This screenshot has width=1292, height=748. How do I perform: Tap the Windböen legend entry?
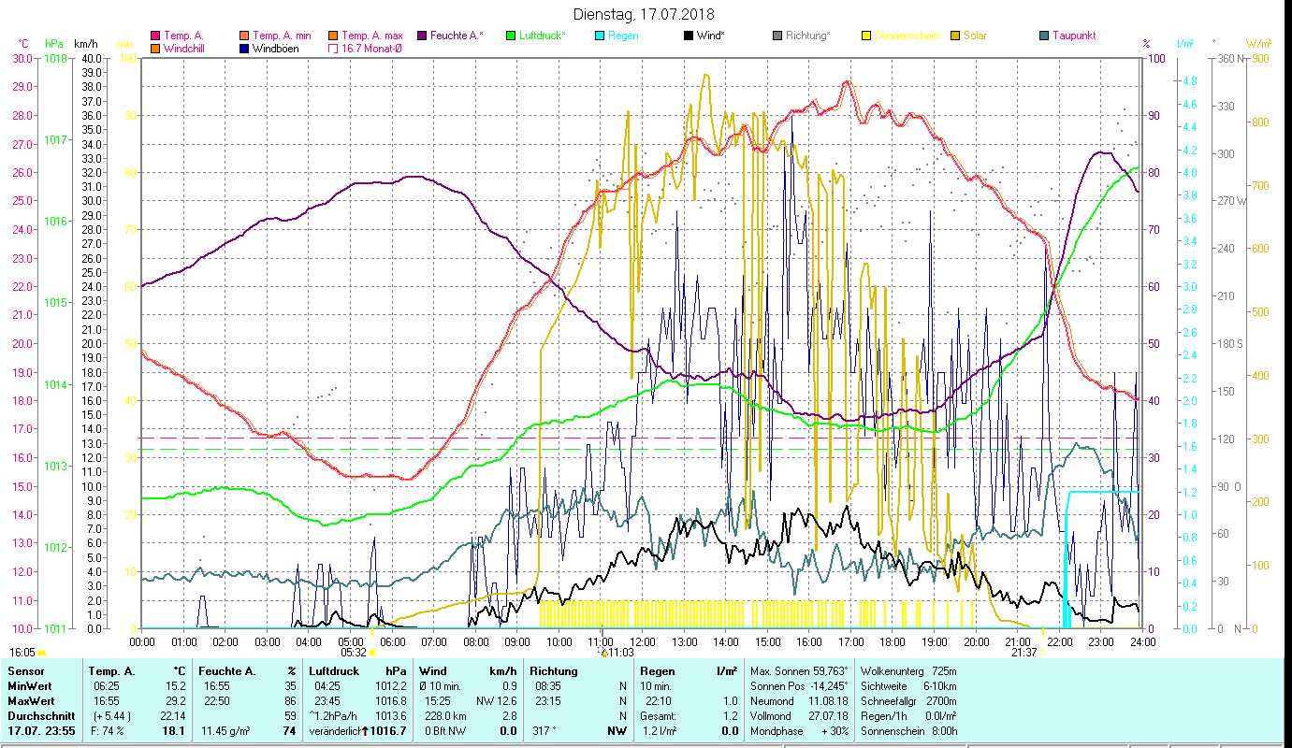click(275, 48)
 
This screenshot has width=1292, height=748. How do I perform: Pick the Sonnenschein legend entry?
click(906, 36)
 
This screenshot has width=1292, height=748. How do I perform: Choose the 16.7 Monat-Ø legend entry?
click(372, 48)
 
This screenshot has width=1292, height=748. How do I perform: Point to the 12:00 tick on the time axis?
click(643, 641)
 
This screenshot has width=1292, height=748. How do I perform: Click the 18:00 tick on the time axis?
click(893, 641)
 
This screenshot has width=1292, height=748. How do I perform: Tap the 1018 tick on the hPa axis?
click(56, 58)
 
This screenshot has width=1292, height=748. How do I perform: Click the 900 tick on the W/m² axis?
click(1259, 58)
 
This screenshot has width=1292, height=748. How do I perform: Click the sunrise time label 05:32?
click(353, 653)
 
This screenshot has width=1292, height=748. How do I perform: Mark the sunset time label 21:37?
click(1023, 653)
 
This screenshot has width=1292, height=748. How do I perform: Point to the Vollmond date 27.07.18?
click(827, 716)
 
